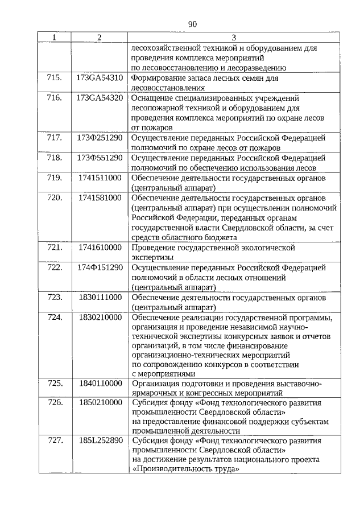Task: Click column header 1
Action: coord(55,38)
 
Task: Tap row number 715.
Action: coord(55,77)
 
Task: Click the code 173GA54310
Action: coord(99,77)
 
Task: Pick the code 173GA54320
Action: coord(99,97)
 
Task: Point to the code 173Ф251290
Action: coord(99,137)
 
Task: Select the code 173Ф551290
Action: coord(99,157)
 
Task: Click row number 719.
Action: coord(55,178)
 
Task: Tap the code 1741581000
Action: coord(100,197)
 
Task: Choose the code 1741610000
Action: coord(100,248)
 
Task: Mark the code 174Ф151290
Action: coord(99,267)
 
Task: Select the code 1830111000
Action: coord(100,297)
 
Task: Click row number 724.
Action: coord(55,317)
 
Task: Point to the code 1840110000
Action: coord(100,383)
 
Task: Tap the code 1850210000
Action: coord(100,402)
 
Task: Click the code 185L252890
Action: coord(99,441)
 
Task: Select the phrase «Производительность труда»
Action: coord(184,469)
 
